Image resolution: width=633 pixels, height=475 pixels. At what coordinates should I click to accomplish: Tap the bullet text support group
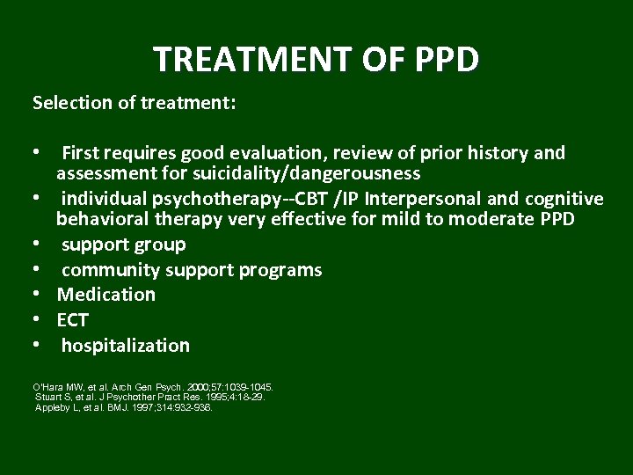coord(123,245)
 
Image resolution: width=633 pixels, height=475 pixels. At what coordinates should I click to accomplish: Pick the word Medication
coord(106,295)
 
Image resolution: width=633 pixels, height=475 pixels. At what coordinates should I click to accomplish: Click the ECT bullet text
coord(73,320)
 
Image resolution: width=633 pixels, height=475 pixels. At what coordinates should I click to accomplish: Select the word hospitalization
coord(125,346)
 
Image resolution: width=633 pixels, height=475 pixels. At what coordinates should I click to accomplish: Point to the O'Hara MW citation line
coord(152,387)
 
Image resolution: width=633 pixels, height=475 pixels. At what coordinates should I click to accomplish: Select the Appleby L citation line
coord(123,408)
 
